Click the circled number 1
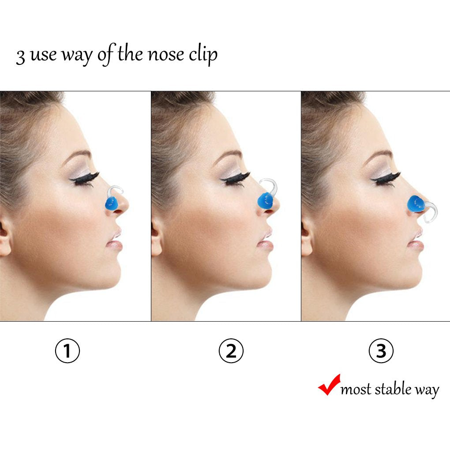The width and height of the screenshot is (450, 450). (67, 350)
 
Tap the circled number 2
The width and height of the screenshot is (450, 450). (231, 350)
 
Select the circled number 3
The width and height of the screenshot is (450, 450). (381, 350)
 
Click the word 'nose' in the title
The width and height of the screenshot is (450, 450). (165, 55)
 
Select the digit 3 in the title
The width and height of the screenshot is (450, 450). (20, 56)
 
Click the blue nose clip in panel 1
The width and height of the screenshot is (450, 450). (112, 203)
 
